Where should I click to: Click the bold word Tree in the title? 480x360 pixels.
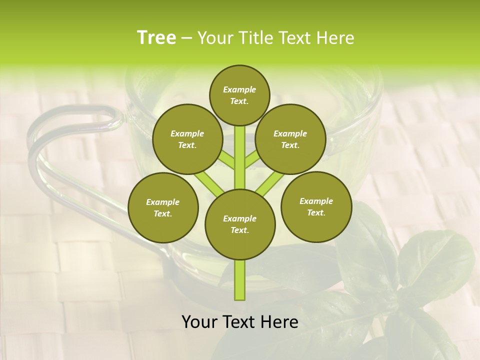156,38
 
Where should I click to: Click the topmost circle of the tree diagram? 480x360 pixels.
239,95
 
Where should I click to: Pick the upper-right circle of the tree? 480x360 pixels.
290,139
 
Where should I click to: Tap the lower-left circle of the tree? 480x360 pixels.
163,207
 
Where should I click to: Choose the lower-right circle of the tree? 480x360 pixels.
316,206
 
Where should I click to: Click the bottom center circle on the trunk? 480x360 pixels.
240,224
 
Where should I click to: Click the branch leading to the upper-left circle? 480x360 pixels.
227,159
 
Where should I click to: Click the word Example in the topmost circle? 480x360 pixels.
239,89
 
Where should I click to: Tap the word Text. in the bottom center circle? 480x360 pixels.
239,230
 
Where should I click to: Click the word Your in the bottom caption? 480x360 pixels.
199,321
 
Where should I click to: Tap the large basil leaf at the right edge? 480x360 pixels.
435,260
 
